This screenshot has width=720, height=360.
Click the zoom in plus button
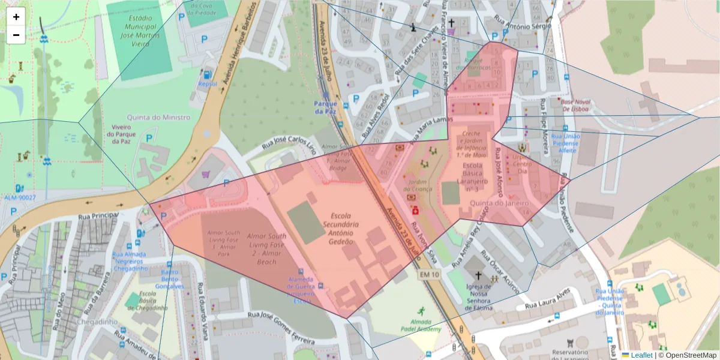click(x=16, y=17)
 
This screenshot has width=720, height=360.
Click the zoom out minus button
click(x=16, y=35)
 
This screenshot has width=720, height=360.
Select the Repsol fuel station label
click(x=207, y=83)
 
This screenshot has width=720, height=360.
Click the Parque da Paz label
click(x=326, y=107)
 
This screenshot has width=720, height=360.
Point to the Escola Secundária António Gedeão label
click(x=341, y=228)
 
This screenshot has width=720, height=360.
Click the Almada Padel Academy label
click(x=421, y=325)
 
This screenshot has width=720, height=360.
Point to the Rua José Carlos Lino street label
click(x=289, y=147)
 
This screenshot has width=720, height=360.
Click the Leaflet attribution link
click(x=641, y=355)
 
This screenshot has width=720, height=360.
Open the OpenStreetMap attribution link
click(x=689, y=355)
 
